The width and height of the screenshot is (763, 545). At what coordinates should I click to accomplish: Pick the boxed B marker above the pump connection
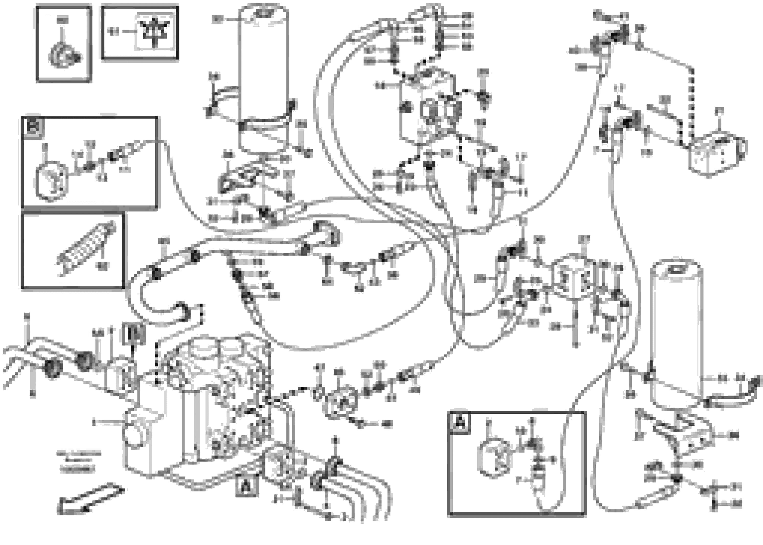134,333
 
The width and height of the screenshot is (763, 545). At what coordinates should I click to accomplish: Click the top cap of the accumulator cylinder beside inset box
264,14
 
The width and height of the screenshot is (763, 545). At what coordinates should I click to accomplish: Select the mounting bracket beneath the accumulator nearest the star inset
247,177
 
